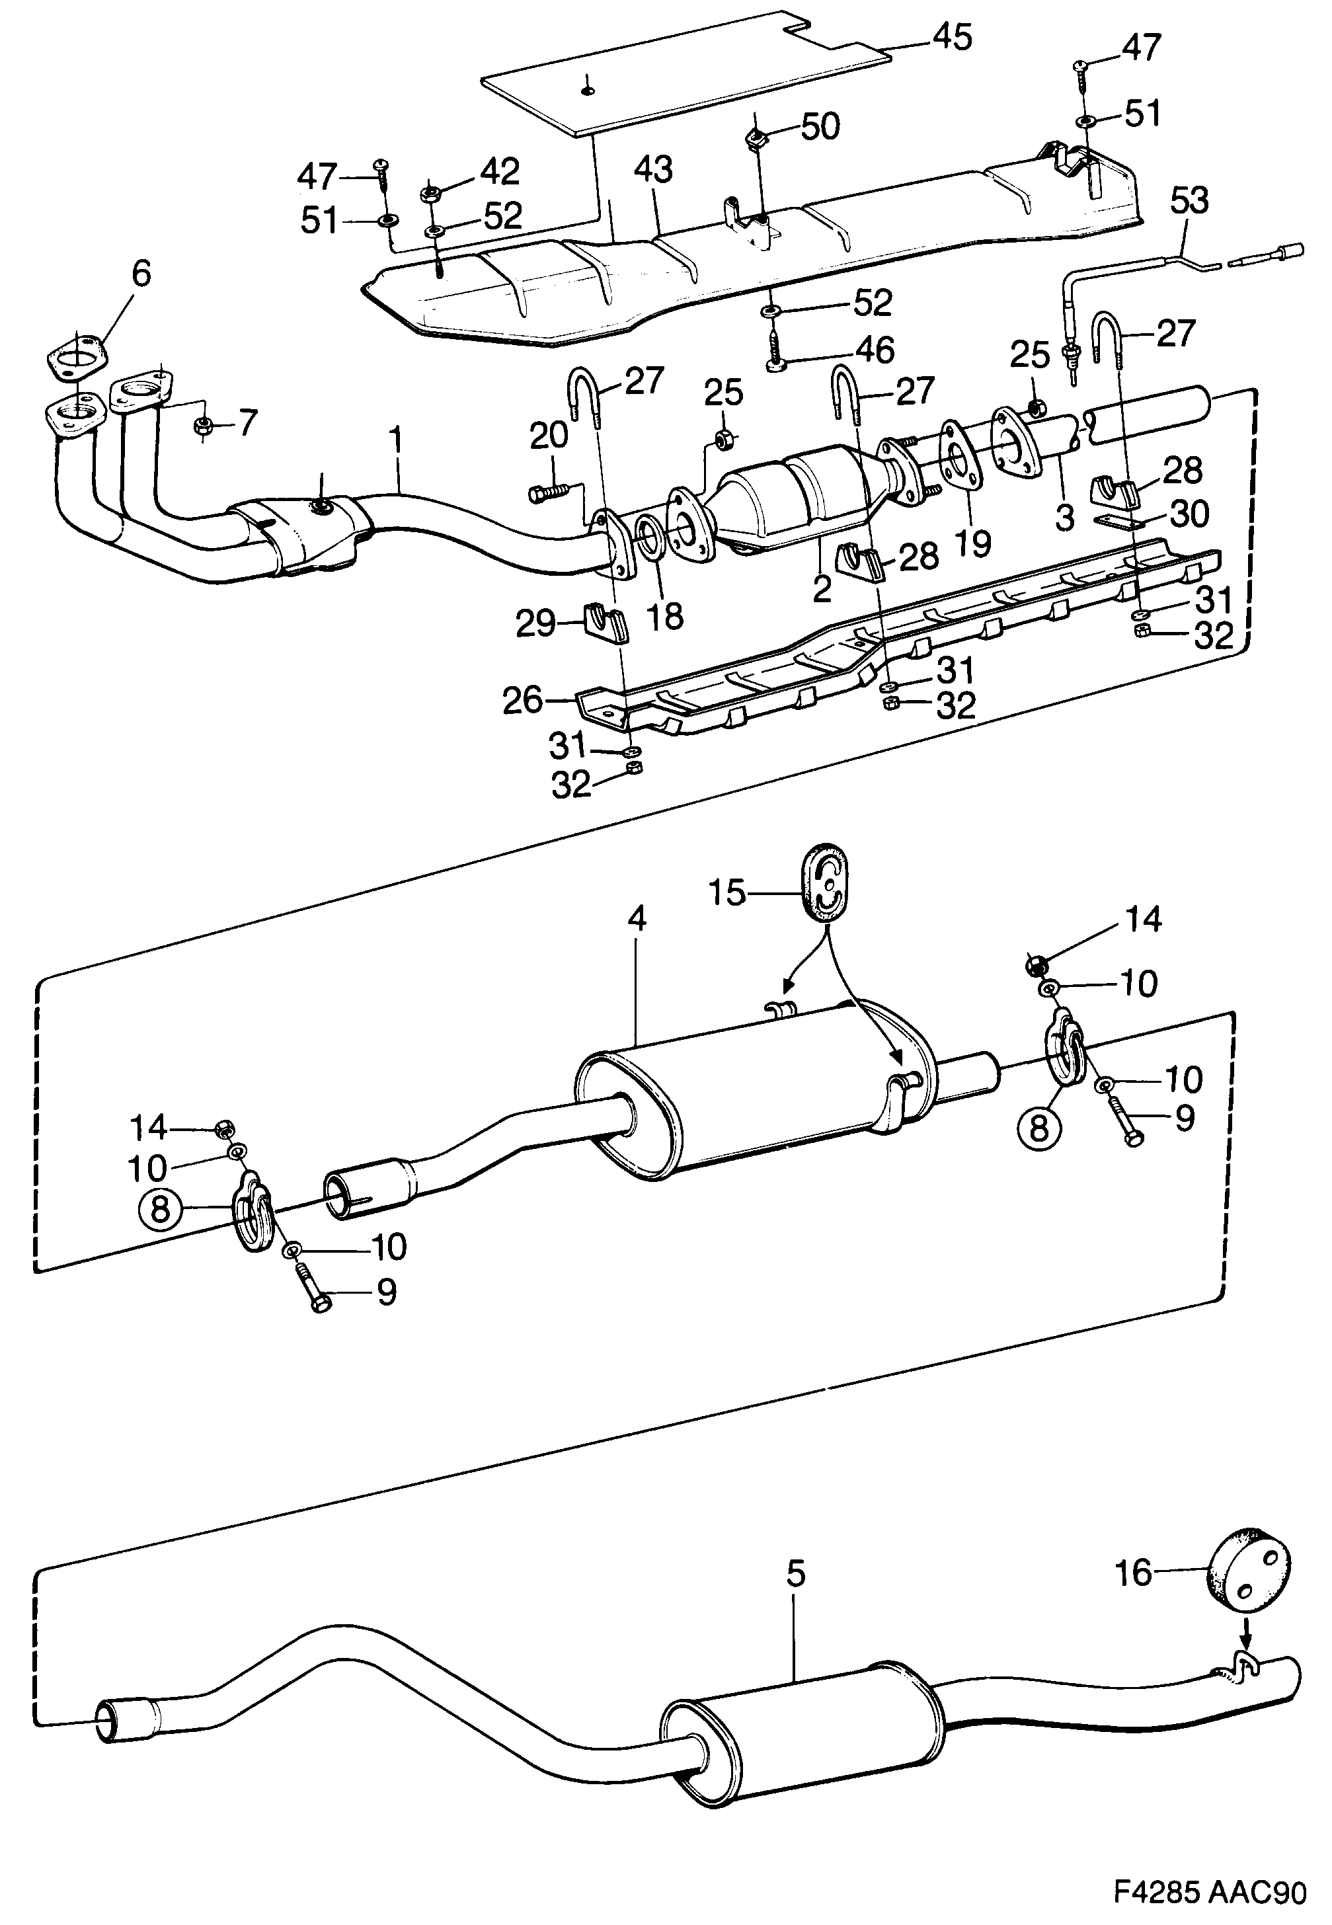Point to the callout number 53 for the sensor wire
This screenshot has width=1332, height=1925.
[1189, 201]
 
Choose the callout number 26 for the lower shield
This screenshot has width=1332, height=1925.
[522, 700]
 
